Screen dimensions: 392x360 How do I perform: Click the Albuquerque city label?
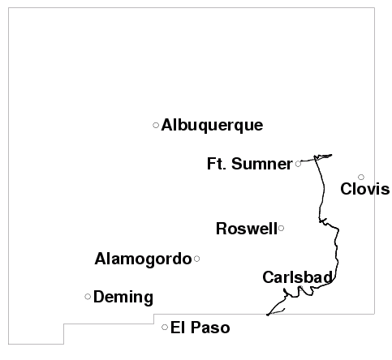click(212, 126)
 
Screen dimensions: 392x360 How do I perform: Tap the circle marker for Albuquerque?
click(156, 125)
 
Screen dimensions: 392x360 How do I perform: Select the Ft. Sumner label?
click(249, 164)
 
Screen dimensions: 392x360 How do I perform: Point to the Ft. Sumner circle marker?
click(298, 164)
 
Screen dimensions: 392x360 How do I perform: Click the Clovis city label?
click(365, 189)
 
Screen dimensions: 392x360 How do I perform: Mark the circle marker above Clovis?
click(361, 177)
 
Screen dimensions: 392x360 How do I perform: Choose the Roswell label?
click(247, 229)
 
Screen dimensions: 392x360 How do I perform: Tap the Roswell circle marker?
click(281, 228)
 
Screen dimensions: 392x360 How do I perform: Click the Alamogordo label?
click(143, 259)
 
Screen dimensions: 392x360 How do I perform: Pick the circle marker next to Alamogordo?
click(196, 259)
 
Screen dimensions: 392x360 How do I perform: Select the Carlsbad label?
click(297, 277)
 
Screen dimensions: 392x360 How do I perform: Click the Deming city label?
click(123, 298)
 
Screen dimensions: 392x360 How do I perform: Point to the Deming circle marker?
click(88, 297)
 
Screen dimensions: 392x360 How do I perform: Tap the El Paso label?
click(200, 328)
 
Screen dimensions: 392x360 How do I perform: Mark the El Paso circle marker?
click(165, 327)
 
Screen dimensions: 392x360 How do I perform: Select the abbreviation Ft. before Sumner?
click(217, 164)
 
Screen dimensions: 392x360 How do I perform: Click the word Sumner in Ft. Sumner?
click(262, 164)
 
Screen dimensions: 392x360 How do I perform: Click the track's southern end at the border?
click(268, 315)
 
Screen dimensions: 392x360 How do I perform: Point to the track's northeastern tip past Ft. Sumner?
click(331, 155)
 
